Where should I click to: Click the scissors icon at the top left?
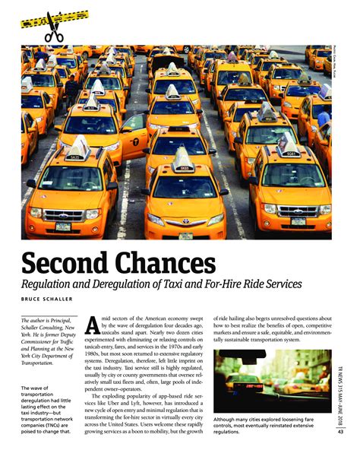(x=54, y=27)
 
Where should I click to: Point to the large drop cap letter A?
(x=91, y=324)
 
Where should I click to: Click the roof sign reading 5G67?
(x=292, y=153)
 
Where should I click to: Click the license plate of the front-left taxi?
(x=63, y=226)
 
